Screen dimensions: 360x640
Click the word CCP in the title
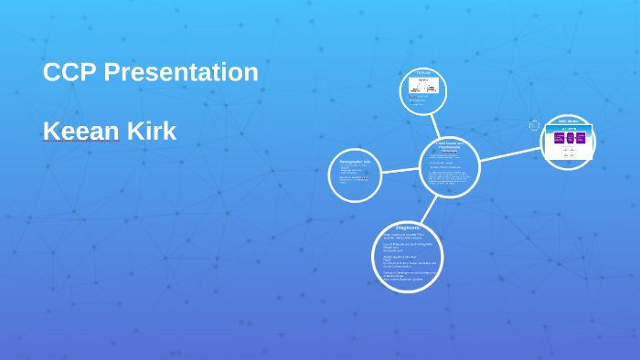(69, 72)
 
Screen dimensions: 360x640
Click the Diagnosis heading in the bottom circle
(408, 227)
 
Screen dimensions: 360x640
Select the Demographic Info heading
(355, 162)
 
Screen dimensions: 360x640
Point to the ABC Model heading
(569, 122)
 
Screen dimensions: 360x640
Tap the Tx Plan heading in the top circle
(423, 73)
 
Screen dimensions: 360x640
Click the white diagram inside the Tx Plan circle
(424, 88)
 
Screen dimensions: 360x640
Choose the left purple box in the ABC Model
(559, 138)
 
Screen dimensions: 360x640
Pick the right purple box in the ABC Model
(580, 138)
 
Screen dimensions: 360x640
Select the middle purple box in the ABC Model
(570, 138)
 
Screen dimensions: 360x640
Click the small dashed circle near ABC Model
(535, 125)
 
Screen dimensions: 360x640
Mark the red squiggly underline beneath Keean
(81, 143)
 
